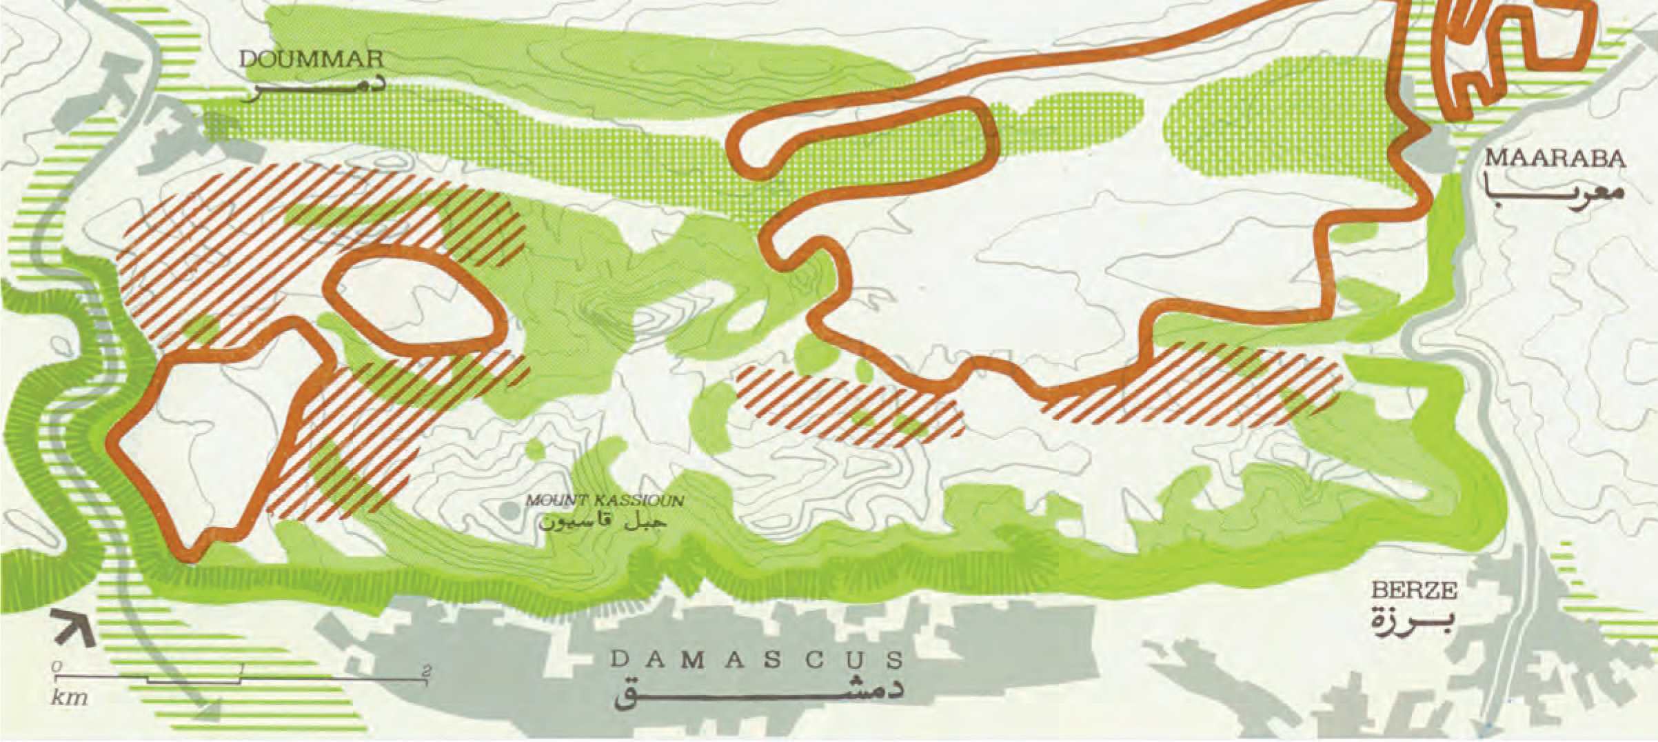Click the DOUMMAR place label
pyautogui.click(x=311, y=59)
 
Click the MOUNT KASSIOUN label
pyautogui.click(x=605, y=500)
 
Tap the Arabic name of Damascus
pyautogui.click(x=758, y=693)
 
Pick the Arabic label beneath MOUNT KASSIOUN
pyautogui.click(x=603, y=521)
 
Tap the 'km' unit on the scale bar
pyautogui.click(x=70, y=697)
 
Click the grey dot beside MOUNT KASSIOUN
pyautogui.click(x=508, y=511)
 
